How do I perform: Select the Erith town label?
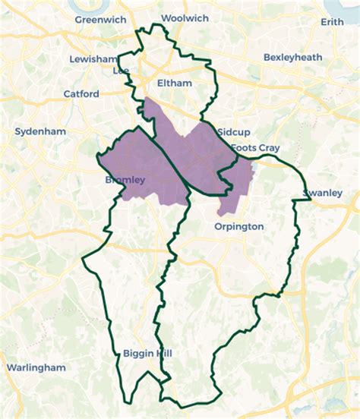[332, 22]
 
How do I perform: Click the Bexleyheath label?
[293, 57]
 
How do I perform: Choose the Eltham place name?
[175, 83]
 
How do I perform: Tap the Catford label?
[81, 94]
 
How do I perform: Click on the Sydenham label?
[40, 131]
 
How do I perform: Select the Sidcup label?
[232, 132]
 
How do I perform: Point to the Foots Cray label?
[254, 147]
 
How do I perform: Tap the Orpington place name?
[238, 226]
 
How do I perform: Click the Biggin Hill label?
[147, 353]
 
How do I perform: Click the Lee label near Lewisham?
[121, 70]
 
